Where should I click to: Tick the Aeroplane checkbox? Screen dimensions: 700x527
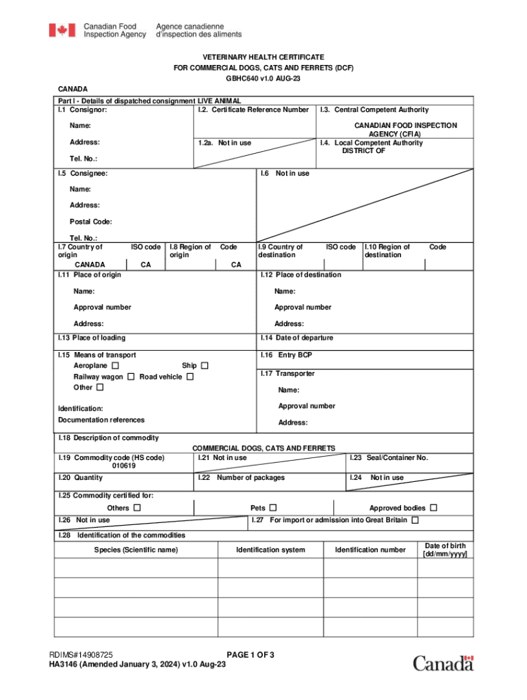click(114, 366)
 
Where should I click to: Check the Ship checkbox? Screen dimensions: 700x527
click(204, 366)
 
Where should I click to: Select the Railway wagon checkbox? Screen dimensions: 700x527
click(130, 377)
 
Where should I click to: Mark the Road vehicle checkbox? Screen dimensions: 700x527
click(190, 377)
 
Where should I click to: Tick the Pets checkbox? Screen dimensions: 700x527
click(273, 508)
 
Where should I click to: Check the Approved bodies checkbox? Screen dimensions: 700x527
click(433, 508)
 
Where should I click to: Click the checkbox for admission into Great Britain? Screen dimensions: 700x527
click(415, 520)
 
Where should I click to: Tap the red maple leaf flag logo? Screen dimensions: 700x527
click(62, 30)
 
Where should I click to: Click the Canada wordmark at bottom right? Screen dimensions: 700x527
click(443, 662)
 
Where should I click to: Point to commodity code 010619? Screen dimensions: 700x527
click(124, 466)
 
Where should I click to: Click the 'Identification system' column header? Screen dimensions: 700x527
click(270, 550)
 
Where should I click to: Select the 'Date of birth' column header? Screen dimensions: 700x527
click(446, 550)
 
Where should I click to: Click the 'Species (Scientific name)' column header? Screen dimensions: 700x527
click(136, 550)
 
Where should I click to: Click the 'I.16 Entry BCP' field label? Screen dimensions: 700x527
click(286, 355)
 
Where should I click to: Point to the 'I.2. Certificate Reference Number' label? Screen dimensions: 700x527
click(253, 109)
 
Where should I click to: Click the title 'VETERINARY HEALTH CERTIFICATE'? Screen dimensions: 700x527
click(263, 57)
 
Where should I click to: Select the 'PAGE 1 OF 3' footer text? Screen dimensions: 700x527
click(250, 655)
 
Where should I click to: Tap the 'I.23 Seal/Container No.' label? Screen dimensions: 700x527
click(389, 458)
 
